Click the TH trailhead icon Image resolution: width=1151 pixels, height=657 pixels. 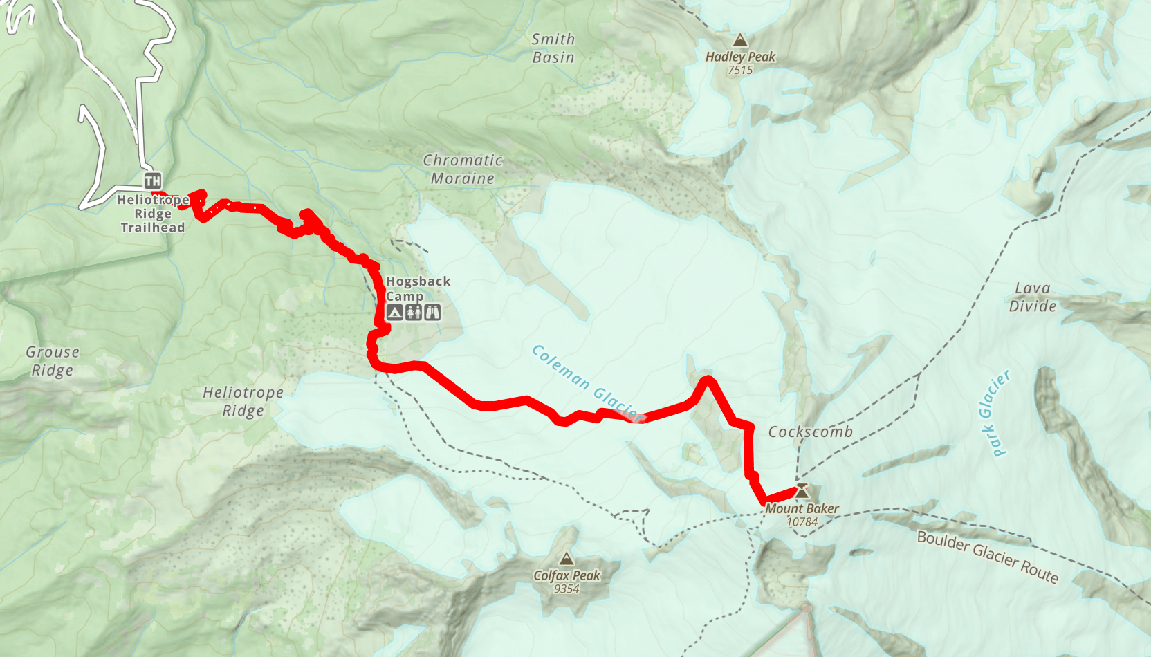(153, 181)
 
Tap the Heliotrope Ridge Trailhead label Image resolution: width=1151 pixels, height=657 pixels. (153, 214)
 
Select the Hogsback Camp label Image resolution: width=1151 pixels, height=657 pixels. (417, 288)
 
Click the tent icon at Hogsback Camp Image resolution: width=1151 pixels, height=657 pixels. (394, 313)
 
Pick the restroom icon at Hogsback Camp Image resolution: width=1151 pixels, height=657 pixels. (414, 313)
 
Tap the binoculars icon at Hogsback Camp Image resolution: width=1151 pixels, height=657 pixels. (432, 313)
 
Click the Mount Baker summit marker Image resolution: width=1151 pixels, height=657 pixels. (802, 491)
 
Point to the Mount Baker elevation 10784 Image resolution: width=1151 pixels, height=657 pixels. (802, 522)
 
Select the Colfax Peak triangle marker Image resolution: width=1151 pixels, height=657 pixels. (567, 559)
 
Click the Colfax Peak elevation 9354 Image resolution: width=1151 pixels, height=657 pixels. (567, 589)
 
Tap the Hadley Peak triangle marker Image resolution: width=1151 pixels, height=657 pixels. (740, 40)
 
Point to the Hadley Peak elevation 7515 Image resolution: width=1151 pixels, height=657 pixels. (740, 70)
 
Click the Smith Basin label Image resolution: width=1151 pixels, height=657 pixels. (553, 48)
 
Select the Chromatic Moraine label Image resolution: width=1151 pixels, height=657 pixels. (463, 169)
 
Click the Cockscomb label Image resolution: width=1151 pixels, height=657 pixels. (811, 432)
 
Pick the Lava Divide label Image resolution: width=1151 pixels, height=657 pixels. (1033, 297)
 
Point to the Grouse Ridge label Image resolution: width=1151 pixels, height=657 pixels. (53, 361)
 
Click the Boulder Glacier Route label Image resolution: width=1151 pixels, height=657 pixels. (988, 557)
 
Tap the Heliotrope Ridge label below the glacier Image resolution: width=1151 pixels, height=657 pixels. (243, 402)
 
